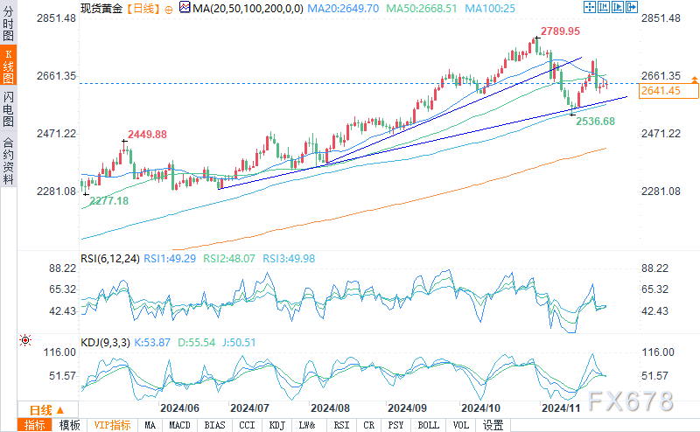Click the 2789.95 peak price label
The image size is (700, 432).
560,31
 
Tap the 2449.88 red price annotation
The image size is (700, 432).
147,134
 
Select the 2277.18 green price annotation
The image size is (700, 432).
108,201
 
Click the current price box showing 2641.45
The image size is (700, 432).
661,90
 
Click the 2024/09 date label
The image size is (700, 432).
408,408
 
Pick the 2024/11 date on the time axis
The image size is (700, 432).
562,408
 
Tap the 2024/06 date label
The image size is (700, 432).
179,408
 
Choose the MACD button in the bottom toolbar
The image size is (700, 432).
179,425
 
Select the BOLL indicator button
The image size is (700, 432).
429,425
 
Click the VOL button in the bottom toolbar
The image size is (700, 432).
461,425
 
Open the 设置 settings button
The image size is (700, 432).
493,425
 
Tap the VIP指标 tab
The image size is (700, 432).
112,425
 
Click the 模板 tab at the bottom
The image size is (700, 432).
69,425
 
